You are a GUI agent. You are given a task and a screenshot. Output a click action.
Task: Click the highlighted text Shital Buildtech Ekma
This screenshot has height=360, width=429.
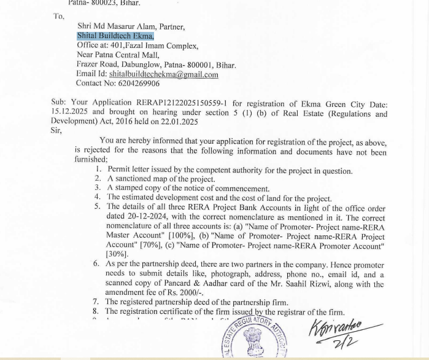(115, 36)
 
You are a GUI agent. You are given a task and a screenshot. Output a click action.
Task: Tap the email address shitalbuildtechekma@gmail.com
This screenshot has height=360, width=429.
(164, 74)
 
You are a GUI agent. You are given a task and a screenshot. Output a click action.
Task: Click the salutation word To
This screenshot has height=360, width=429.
(59, 16)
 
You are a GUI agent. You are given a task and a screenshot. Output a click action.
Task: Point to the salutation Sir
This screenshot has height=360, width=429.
(57, 130)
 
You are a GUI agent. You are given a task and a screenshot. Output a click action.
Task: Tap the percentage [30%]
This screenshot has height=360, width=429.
(117, 253)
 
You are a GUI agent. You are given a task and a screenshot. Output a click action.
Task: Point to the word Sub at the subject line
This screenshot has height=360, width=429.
(58, 104)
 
